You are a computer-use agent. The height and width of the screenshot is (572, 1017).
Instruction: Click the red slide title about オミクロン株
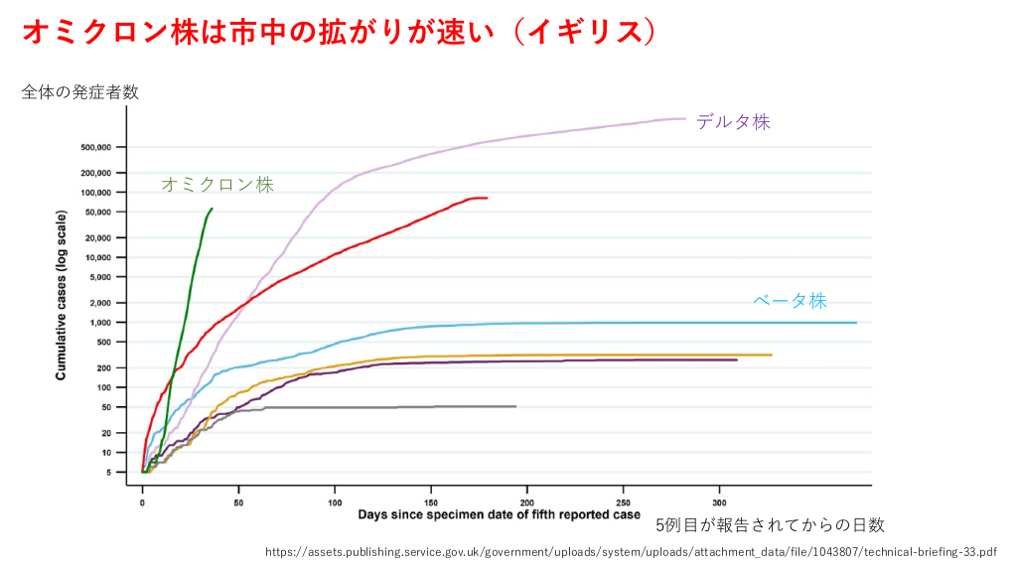pos(339,32)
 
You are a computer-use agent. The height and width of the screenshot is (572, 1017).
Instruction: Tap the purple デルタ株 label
pos(733,122)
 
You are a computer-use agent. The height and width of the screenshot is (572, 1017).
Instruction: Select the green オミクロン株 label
pos(217,184)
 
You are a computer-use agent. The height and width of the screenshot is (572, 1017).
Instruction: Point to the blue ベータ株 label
pos(790,301)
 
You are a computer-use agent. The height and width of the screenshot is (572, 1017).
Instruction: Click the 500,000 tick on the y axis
pos(97,147)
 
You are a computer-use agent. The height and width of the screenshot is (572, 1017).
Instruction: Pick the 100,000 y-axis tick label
pos(97,192)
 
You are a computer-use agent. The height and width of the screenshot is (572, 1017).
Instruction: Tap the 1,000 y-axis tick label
pos(102,322)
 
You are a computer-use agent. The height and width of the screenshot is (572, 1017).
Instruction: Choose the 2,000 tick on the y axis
pos(102,302)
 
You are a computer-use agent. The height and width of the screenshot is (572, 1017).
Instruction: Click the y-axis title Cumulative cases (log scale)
pos(62,295)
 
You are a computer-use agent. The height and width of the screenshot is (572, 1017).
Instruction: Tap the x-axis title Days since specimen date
pos(500,514)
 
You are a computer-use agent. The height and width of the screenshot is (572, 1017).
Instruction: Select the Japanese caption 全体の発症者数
pos(79,92)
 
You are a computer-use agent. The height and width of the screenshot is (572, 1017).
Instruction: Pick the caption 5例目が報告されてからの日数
pos(770,525)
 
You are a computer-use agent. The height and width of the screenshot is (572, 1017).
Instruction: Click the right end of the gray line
pos(515,406)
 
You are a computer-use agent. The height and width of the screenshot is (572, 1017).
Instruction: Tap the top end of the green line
pos(212,210)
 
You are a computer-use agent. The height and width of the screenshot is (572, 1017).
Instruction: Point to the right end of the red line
pos(487,198)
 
